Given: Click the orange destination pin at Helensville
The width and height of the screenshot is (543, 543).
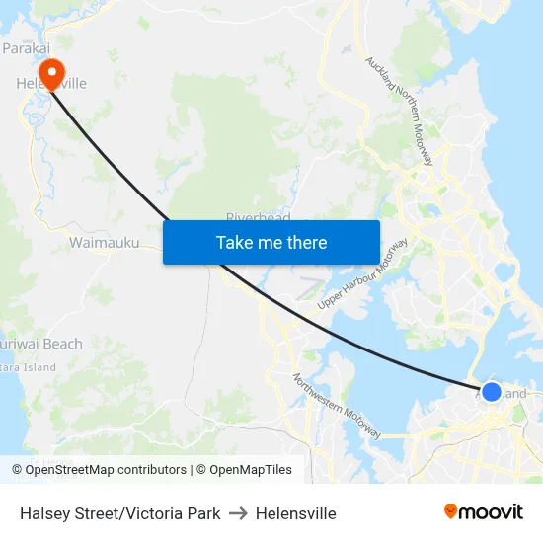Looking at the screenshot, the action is (x=48, y=72).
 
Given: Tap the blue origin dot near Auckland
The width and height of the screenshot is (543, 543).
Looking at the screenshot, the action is (x=491, y=391).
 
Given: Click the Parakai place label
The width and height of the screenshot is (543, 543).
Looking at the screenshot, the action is (x=27, y=47).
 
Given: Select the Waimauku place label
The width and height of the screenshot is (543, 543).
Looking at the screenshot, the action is (x=104, y=242).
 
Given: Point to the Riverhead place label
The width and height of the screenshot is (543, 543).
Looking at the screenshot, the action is (x=258, y=217).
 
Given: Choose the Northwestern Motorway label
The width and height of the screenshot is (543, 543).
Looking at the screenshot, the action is (x=337, y=405).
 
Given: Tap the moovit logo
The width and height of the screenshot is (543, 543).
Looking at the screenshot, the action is (x=484, y=512).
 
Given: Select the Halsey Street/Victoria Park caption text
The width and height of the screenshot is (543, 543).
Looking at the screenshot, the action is (x=119, y=513).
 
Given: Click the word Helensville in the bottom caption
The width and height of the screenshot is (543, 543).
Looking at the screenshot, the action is (x=296, y=513).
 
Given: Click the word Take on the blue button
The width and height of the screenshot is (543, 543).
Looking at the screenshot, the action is (x=235, y=243).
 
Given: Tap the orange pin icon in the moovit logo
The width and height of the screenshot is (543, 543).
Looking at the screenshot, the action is (x=451, y=512).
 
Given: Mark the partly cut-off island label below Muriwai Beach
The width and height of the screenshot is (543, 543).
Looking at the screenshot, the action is (x=29, y=367).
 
